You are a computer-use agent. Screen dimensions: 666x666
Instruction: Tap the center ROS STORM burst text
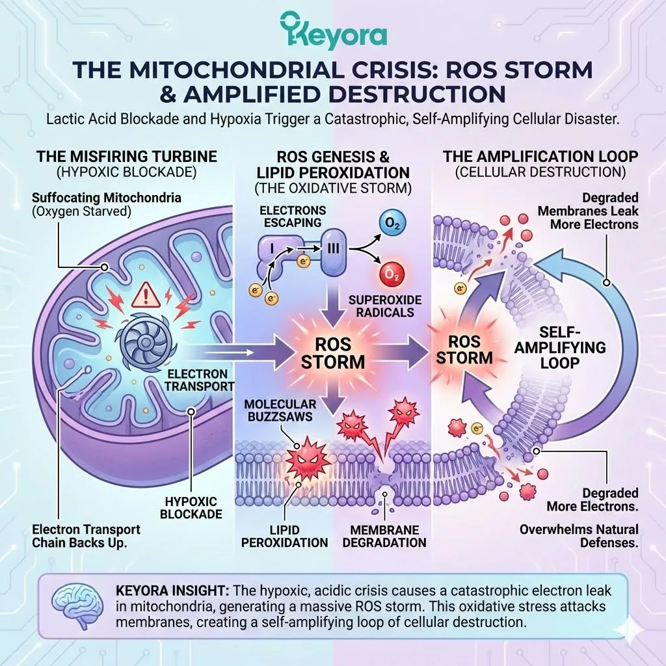(x=332, y=352)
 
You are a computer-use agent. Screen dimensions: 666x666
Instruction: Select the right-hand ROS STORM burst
(x=465, y=349)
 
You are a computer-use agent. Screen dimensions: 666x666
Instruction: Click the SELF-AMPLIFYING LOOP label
(x=560, y=347)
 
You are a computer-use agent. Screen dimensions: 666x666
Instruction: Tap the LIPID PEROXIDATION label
(x=284, y=535)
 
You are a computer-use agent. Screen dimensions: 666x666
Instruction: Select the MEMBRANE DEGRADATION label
(x=388, y=535)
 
